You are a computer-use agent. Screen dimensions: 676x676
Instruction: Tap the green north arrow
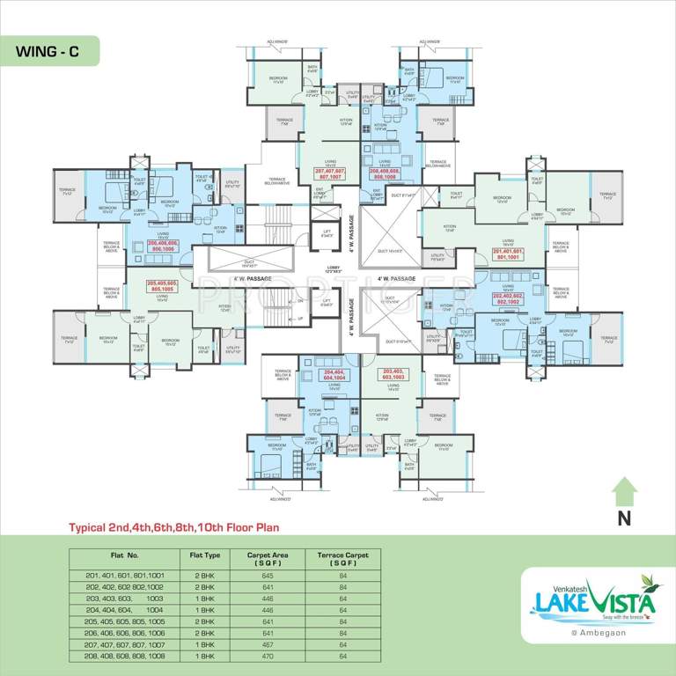tap(624, 490)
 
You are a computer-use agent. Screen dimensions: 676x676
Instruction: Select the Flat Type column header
tap(205, 555)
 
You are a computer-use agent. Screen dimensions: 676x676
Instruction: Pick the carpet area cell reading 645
tap(269, 574)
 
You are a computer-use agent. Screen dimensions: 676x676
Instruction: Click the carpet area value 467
tap(269, 645)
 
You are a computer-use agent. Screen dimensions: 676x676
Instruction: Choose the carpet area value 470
tap(269, 657)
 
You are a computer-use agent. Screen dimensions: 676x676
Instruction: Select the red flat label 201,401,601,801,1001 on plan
tap(510, 254)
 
